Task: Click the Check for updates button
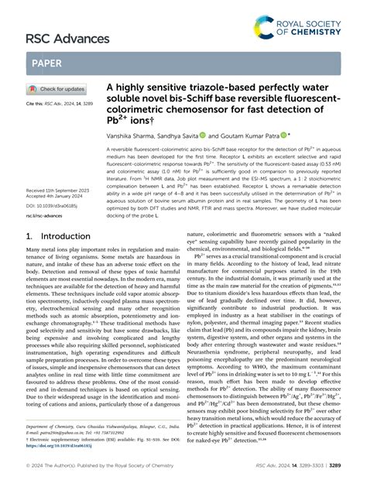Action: [x=57, y=89]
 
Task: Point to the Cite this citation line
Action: [x=57, y=102]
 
